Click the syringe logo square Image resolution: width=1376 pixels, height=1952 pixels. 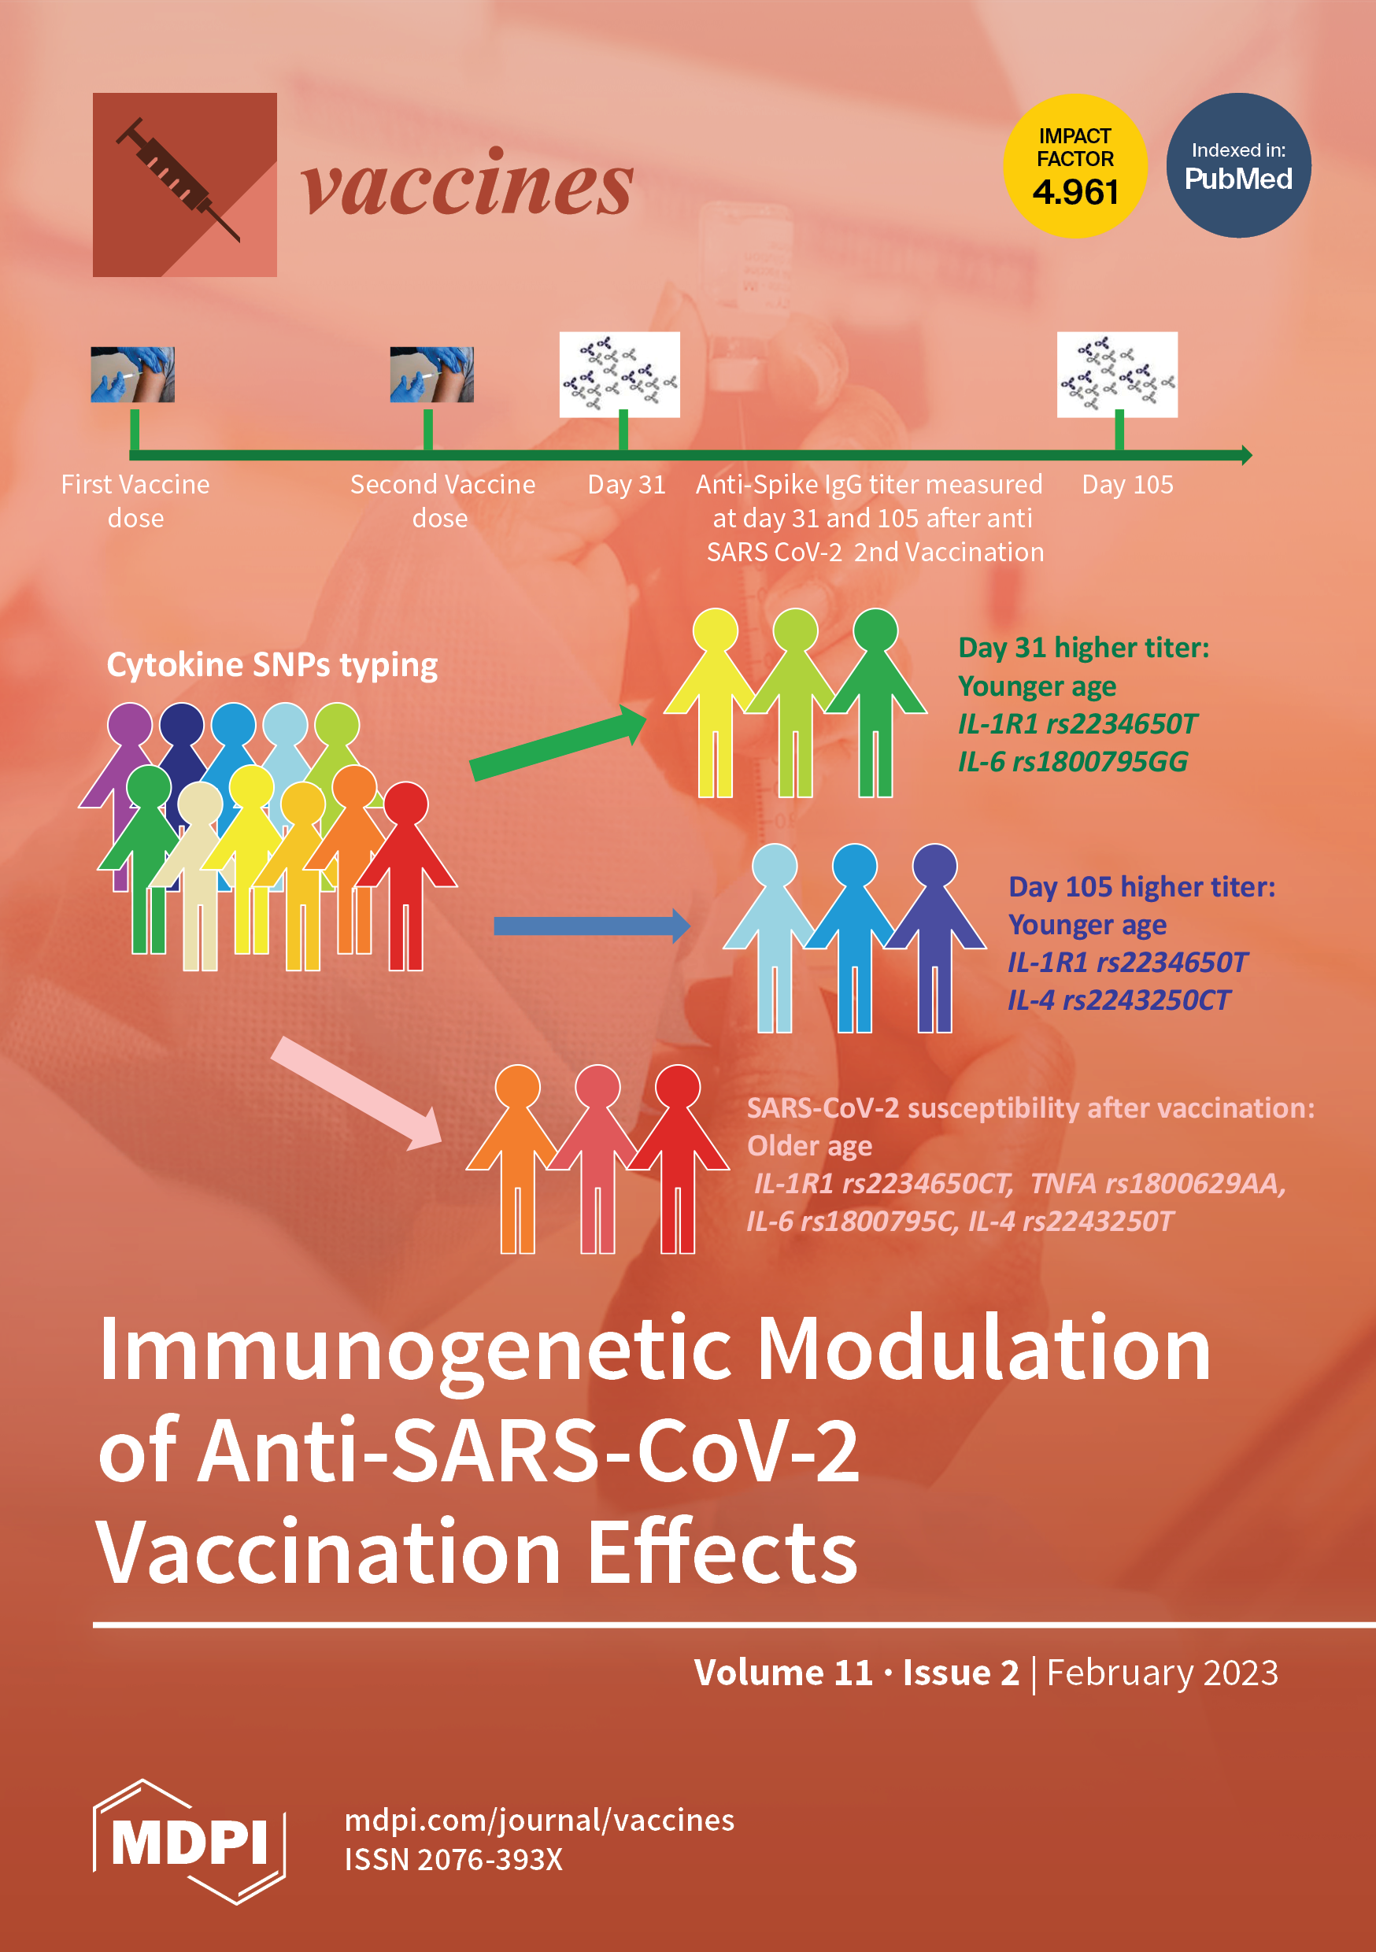[184, 184]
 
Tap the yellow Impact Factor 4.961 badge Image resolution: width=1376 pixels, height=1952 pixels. [1075, 166]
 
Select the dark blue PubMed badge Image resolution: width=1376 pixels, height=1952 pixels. [1238, 166]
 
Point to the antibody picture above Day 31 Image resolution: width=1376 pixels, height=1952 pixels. [619, 374]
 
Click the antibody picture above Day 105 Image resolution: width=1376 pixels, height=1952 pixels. [1116, 374]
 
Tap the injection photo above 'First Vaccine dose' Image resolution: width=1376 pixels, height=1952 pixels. [133, 374]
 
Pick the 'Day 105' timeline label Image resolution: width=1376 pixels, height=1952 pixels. [1126, 485]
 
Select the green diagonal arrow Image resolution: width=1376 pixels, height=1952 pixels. [557, 744]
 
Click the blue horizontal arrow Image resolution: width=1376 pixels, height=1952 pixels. [591, 926]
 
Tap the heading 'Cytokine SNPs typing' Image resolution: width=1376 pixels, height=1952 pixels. [272, 665]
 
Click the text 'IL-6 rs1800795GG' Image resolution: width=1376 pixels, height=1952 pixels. [1072, 762]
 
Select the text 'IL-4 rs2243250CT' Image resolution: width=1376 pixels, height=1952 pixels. [1119, 1000]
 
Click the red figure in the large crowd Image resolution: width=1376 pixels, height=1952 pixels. [406, 876]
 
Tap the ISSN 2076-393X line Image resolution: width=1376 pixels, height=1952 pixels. [453, 1860]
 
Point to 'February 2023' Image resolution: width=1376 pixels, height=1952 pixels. [1162, 1673]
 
